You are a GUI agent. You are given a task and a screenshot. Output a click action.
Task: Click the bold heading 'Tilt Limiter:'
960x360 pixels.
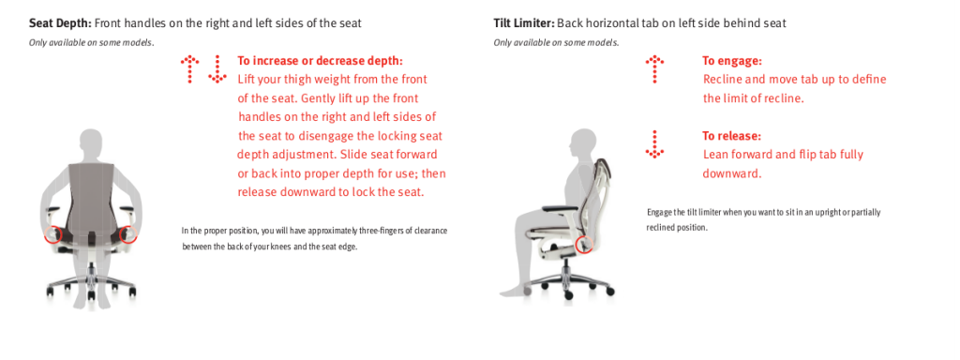click(x=524, y=22)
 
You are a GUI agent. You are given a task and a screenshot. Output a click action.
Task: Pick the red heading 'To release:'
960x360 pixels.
click(x=731, y=135)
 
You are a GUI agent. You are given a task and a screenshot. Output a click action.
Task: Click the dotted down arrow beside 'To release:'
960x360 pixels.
click(x=654, y=142)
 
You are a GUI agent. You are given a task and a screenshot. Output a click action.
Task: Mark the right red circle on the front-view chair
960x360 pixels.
click(x=127, y=233)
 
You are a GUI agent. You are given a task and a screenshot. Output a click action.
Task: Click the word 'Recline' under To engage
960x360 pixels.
click(x=723, y=80)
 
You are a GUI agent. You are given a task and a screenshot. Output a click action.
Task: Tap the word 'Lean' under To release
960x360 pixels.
click(x=716, y=155)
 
